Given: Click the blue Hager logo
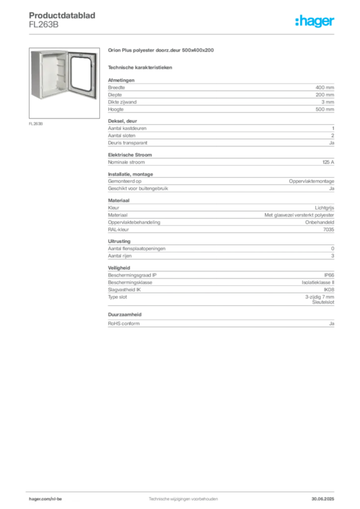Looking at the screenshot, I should coord(315,21).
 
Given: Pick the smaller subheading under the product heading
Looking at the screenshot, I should coord(141,67).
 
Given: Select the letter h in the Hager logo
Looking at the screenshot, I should coord(297,22).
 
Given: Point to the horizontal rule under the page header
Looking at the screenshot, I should coord(199,33).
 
